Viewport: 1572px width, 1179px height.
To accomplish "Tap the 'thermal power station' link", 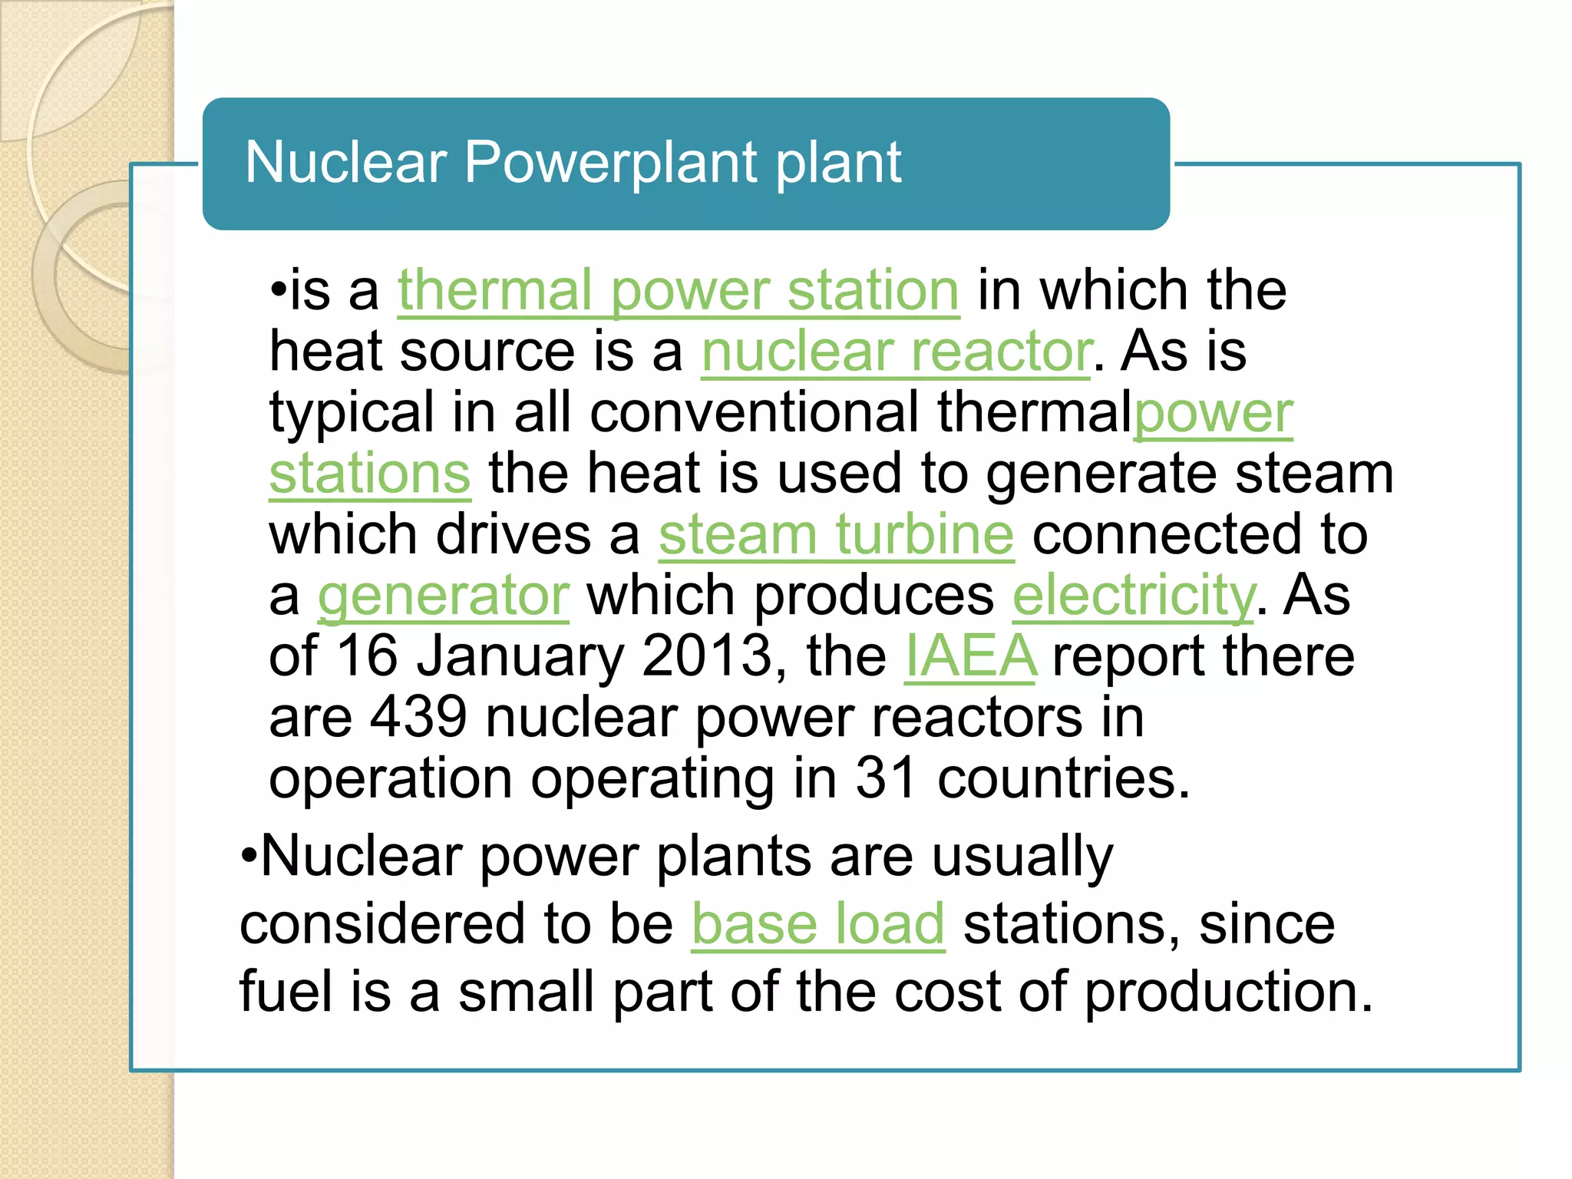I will [679, 291].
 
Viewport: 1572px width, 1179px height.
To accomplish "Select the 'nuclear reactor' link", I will [896, 352].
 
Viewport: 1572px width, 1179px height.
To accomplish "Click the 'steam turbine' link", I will [836, 535].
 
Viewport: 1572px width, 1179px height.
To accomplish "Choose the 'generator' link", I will [444, 596].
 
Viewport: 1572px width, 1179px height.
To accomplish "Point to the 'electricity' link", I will [1134, 596].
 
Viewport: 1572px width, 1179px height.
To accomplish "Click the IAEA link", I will [970, 656].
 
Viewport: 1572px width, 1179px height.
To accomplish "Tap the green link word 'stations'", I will [369, 474].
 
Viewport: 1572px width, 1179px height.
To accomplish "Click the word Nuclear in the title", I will [345, 163].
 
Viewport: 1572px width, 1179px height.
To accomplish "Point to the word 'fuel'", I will [286, 992].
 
